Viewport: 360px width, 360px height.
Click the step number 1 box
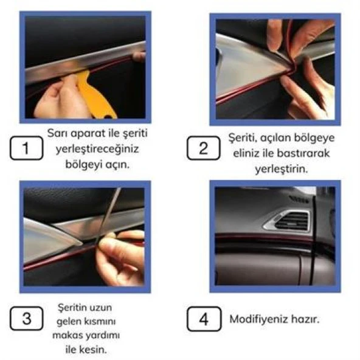click(x=26, y=148)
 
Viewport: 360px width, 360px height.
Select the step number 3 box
click(x=26, y=319)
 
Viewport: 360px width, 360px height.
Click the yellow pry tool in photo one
click(x=94, y=94)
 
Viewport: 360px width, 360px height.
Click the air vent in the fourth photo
click(x=292, y=221)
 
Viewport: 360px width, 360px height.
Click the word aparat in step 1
click(x=85, y=133)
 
